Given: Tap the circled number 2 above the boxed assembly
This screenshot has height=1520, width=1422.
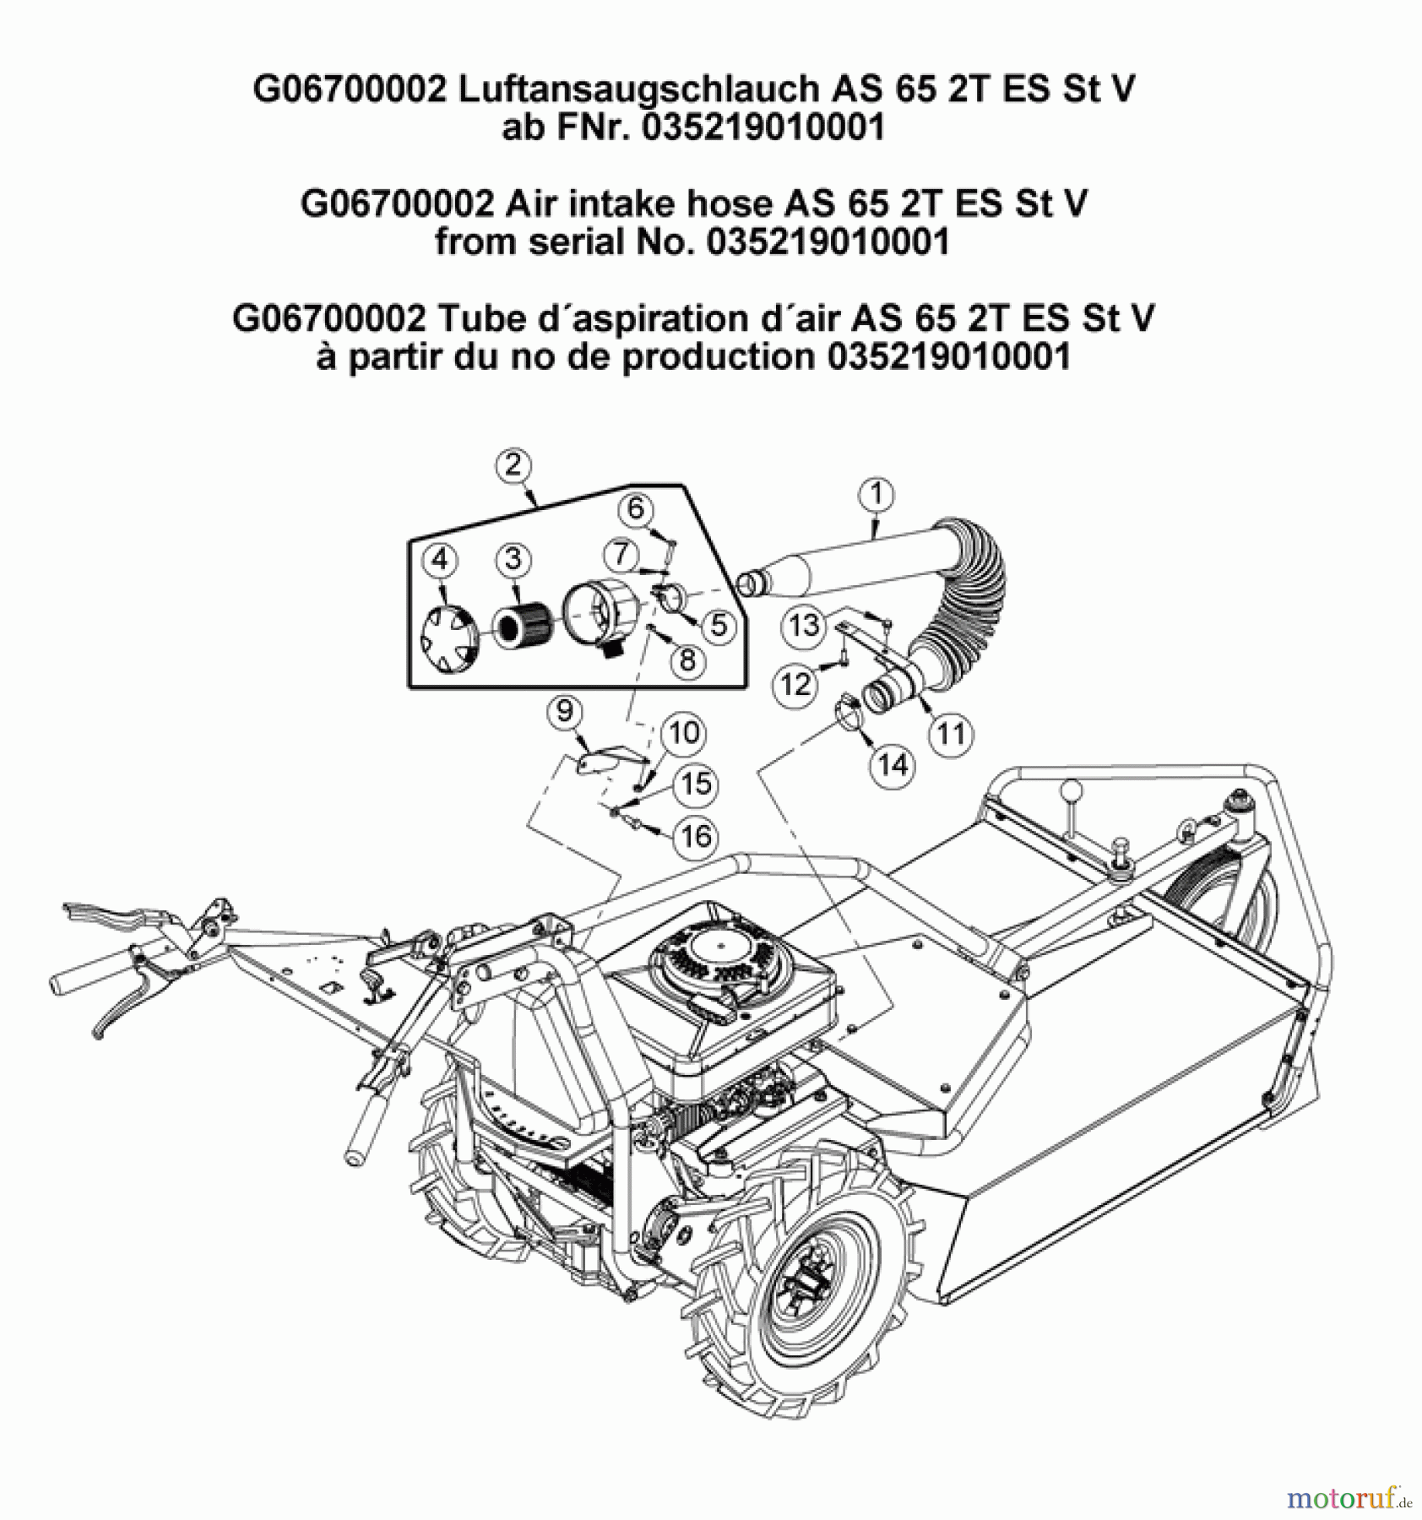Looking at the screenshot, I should [x=513, y=465].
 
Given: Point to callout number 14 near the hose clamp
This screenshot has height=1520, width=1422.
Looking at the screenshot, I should [x=893, y=765].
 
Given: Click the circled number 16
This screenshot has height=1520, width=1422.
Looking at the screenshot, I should [x=696, y=836].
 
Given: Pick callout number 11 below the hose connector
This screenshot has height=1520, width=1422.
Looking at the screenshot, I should [x=951, y=733].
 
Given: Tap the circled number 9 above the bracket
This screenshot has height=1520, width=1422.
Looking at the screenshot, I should [x=564, y=711].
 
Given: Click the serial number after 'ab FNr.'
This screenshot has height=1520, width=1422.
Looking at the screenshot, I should [x=763, y=128].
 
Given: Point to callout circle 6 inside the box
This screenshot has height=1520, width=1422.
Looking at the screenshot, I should [x=635, y=508].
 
